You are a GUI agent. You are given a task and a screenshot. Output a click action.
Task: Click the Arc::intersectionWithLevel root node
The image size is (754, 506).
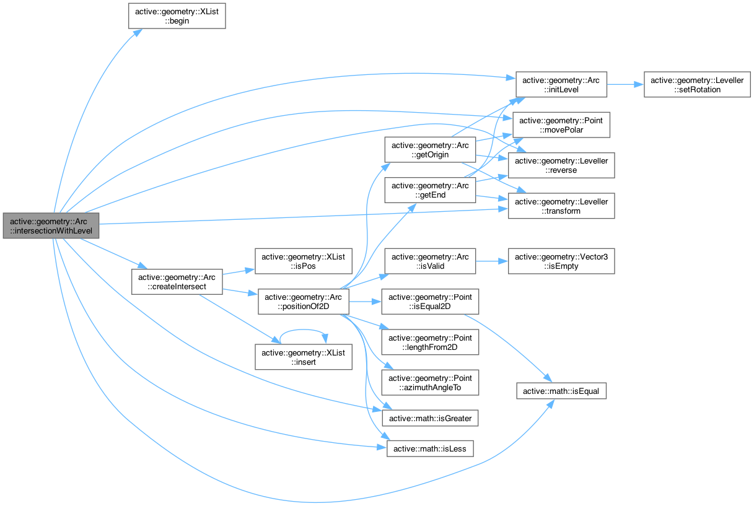[x=51, y=225]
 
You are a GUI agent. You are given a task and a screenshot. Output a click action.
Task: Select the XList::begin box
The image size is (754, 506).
[x=177, y=15]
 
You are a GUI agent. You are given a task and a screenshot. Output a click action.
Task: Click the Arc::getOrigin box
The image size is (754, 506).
[x=429, y=149]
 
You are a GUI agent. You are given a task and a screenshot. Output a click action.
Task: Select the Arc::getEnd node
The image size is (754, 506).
[x=429, y=190]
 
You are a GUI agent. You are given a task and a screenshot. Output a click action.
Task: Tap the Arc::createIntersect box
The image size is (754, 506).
[x=177, y=282]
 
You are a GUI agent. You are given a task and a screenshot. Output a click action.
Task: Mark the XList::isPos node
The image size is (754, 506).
[x=303, y=261]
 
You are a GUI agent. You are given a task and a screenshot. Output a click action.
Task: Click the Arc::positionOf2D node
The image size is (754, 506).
[x=303, y=302]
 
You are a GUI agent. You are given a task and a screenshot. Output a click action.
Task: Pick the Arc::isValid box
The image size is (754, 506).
[x=429, y=261]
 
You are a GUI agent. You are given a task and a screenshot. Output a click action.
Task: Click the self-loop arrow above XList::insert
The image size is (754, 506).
[x=303, y=330]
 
